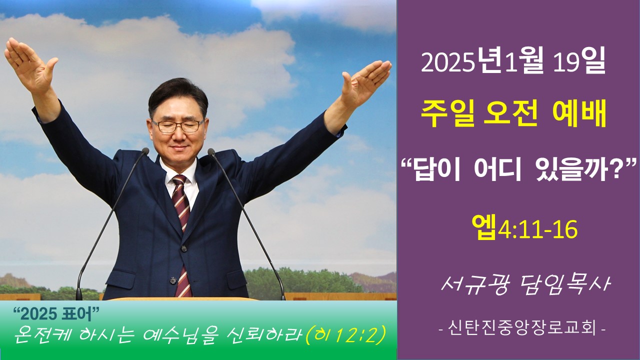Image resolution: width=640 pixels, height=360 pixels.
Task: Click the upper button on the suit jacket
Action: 184,249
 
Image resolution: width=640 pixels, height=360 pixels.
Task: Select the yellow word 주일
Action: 447,115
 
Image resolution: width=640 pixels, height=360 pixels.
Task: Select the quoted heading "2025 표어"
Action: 56,314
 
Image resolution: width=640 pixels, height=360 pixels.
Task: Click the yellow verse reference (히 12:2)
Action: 346,335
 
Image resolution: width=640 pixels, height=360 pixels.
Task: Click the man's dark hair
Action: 177,95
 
